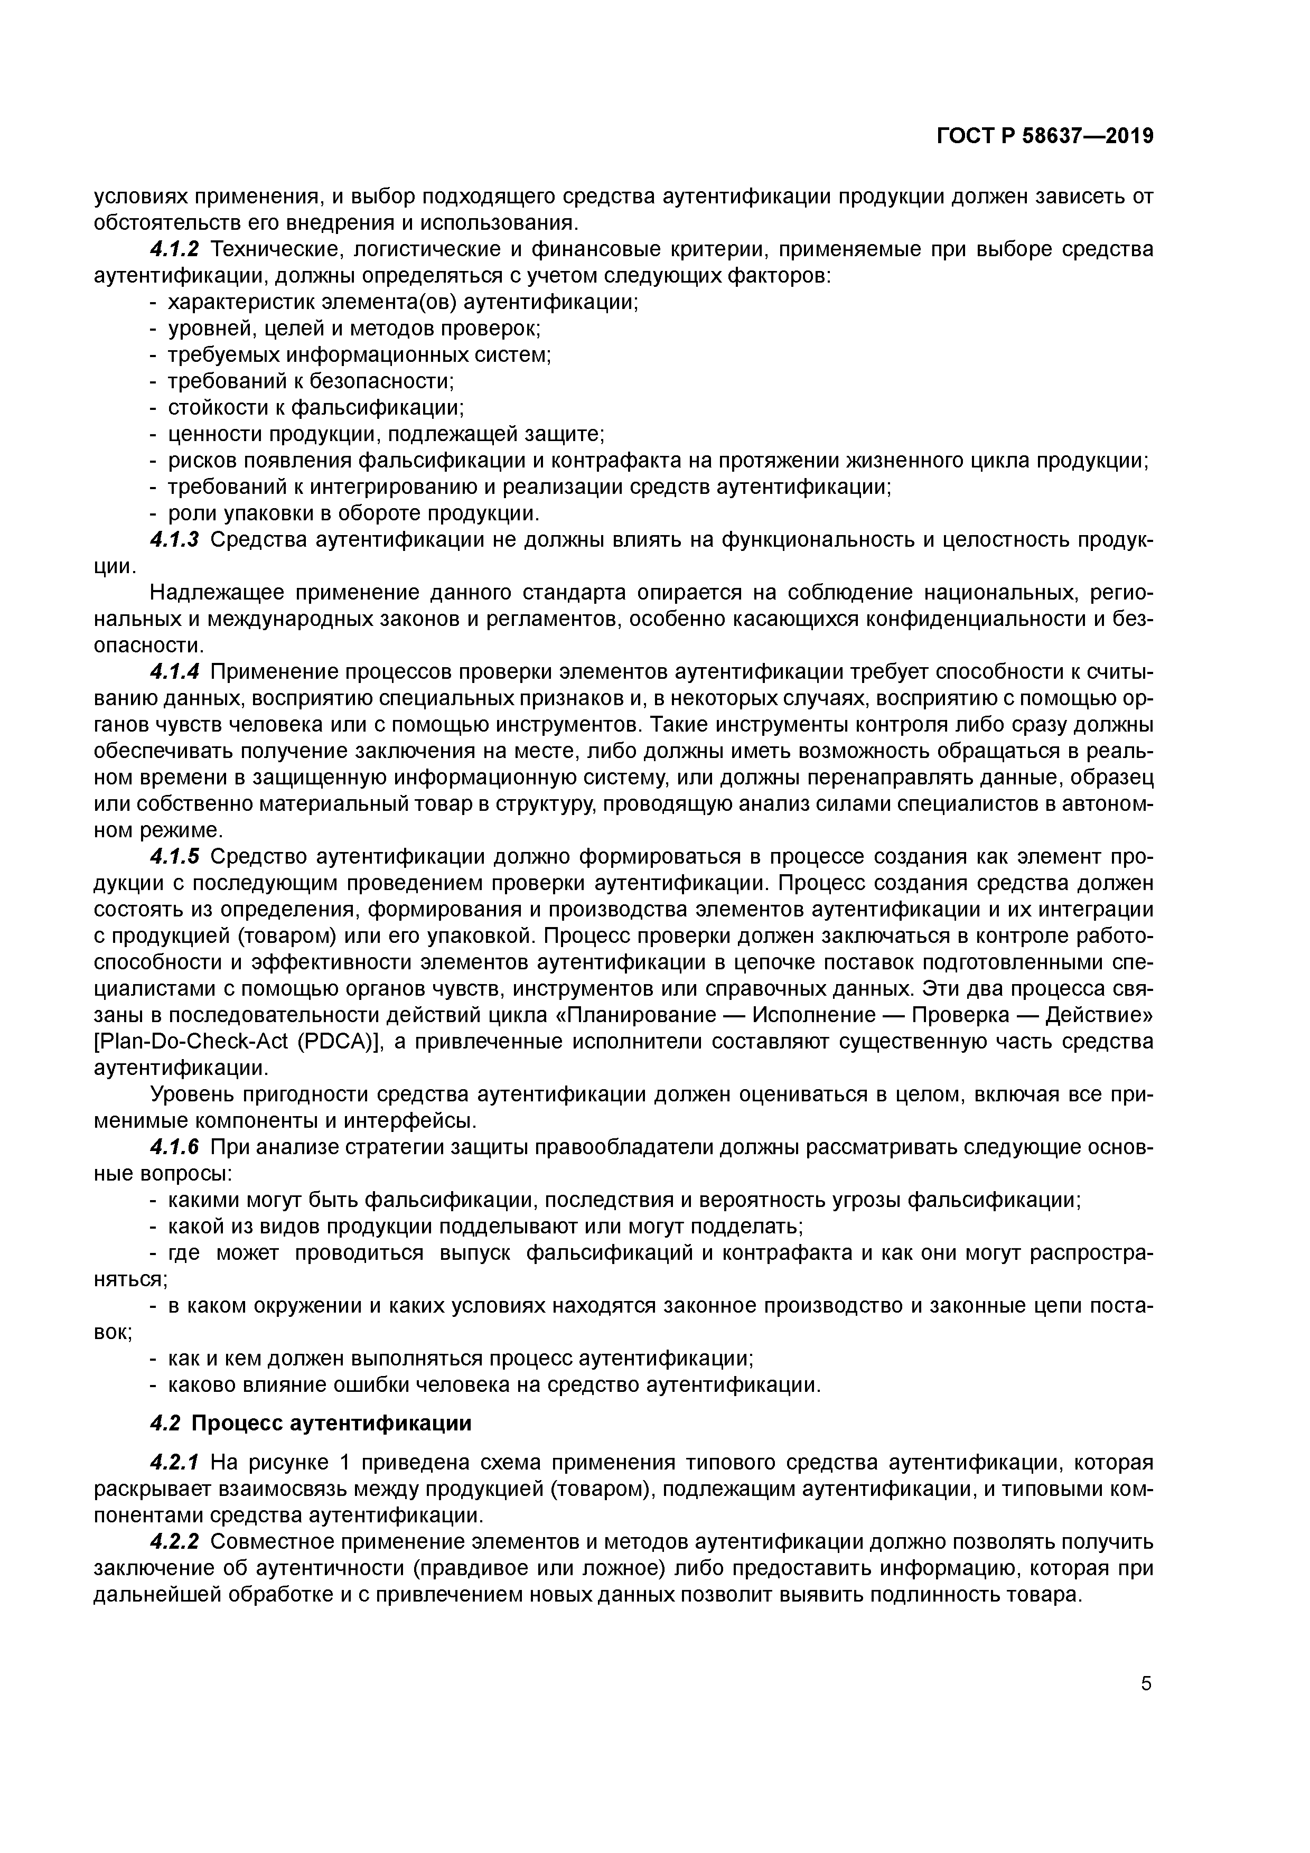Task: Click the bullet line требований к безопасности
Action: (x=311, y=381)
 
